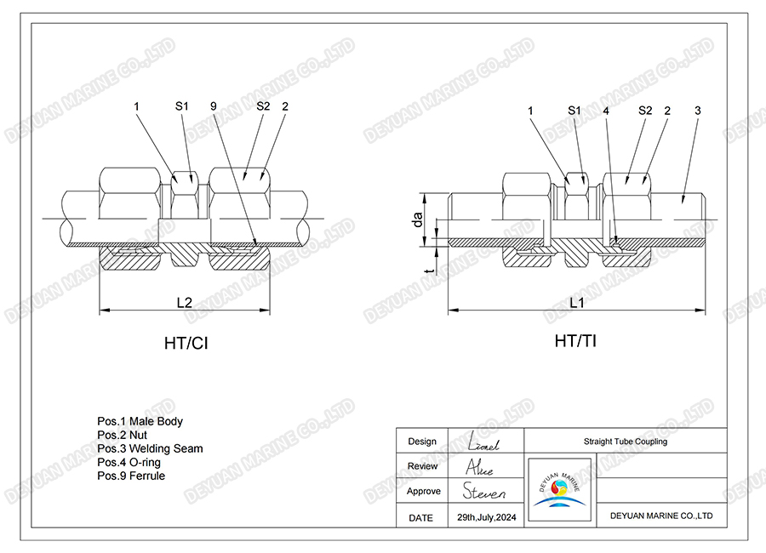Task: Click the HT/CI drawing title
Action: [x=186, y=344]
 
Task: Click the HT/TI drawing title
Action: [x=576, y=341]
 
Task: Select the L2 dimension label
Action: [x=186, y=303]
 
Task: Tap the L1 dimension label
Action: [x=576, y=303]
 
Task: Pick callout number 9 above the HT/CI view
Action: [x=213, y=106]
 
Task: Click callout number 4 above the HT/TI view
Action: [x=605, y=111]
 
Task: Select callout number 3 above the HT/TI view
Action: [x=698, y=111]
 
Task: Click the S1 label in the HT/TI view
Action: [x=574, y=111]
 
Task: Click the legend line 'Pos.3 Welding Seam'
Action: [x=150, y=448]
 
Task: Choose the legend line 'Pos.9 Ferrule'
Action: [x=131, y=476]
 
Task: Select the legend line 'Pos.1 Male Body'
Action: [x=140, y=421]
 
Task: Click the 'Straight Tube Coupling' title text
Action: [x=626, y=442]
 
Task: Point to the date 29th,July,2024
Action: [x=487, y=517]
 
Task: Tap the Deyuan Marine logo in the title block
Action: [x=560, y=490]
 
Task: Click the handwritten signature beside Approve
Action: [x=484, y=492]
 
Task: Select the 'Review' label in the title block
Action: [x=422, y=466]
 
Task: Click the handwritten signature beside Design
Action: [x=483, y=442]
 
